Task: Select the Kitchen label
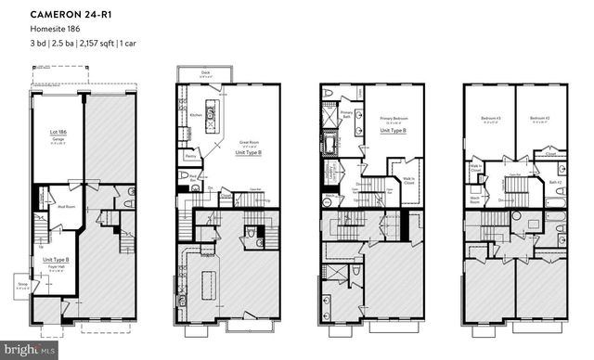[196, 114]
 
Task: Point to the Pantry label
[189, 158]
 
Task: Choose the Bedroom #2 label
[539, 119]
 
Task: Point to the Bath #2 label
[556, 181]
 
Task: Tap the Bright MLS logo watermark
[29, 350]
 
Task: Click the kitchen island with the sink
[210, 116]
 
